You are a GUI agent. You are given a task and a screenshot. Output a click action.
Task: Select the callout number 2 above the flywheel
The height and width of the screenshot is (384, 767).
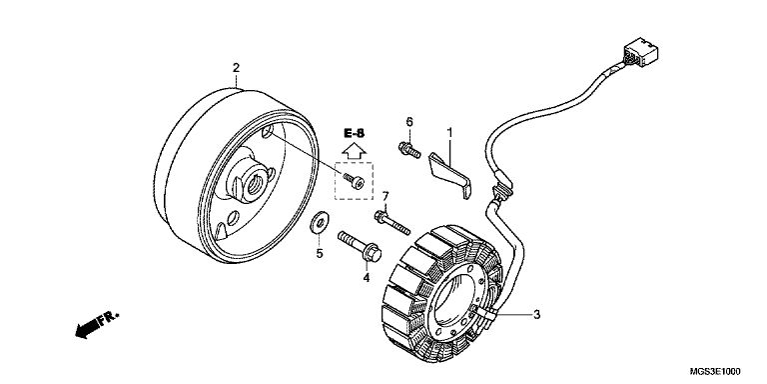(236, 68)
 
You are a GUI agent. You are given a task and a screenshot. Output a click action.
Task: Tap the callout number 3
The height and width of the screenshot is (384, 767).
(536, 314)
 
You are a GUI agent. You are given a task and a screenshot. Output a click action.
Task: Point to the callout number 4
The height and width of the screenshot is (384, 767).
(366, 278)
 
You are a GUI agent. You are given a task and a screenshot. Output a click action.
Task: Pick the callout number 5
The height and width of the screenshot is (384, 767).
(320, 254)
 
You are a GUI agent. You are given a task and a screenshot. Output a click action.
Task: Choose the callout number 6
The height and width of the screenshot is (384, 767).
(409, 121)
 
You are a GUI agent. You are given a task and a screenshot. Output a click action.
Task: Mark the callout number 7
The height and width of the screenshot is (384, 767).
(384, 196)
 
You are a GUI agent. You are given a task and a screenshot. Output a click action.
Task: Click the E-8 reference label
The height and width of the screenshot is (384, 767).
(354, 133)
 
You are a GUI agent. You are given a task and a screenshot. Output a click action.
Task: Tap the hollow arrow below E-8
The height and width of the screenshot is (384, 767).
(354, 150)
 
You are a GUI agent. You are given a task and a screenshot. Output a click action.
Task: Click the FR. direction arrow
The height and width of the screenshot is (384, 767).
(97, 324)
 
